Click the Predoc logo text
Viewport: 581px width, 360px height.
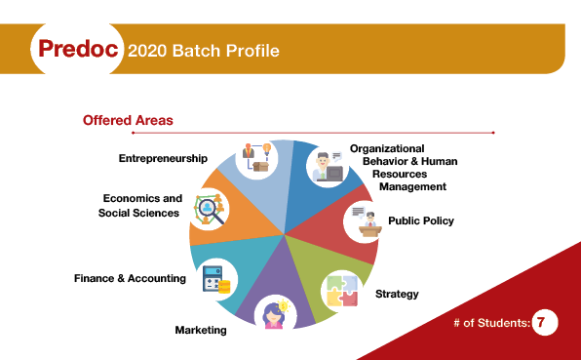pyautogui.click(x=78, y=49)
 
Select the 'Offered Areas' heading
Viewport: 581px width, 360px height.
pyautogui.click(x=128, y=121)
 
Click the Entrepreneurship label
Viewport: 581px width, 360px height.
pyautogui.click(x=163, y=158)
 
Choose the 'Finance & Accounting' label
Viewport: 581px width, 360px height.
pyautogui.click(x=130, y=278)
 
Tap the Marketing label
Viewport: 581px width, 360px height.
pyautogui.click(x=201, y=330)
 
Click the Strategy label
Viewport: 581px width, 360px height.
pyautogui.click(x=397, y=294)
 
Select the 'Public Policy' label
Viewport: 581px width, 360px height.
pyautogui.click(x=421, y=220)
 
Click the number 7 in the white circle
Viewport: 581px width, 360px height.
pyautogui.click(x=545, y=322)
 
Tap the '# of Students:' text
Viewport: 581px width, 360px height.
pyautogui.click(x=491, y=322)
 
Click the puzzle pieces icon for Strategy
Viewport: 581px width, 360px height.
pyautogui.click(x=340, y=288)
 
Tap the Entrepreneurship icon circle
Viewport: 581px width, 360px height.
pyautogui.click(x=258, y=158)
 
